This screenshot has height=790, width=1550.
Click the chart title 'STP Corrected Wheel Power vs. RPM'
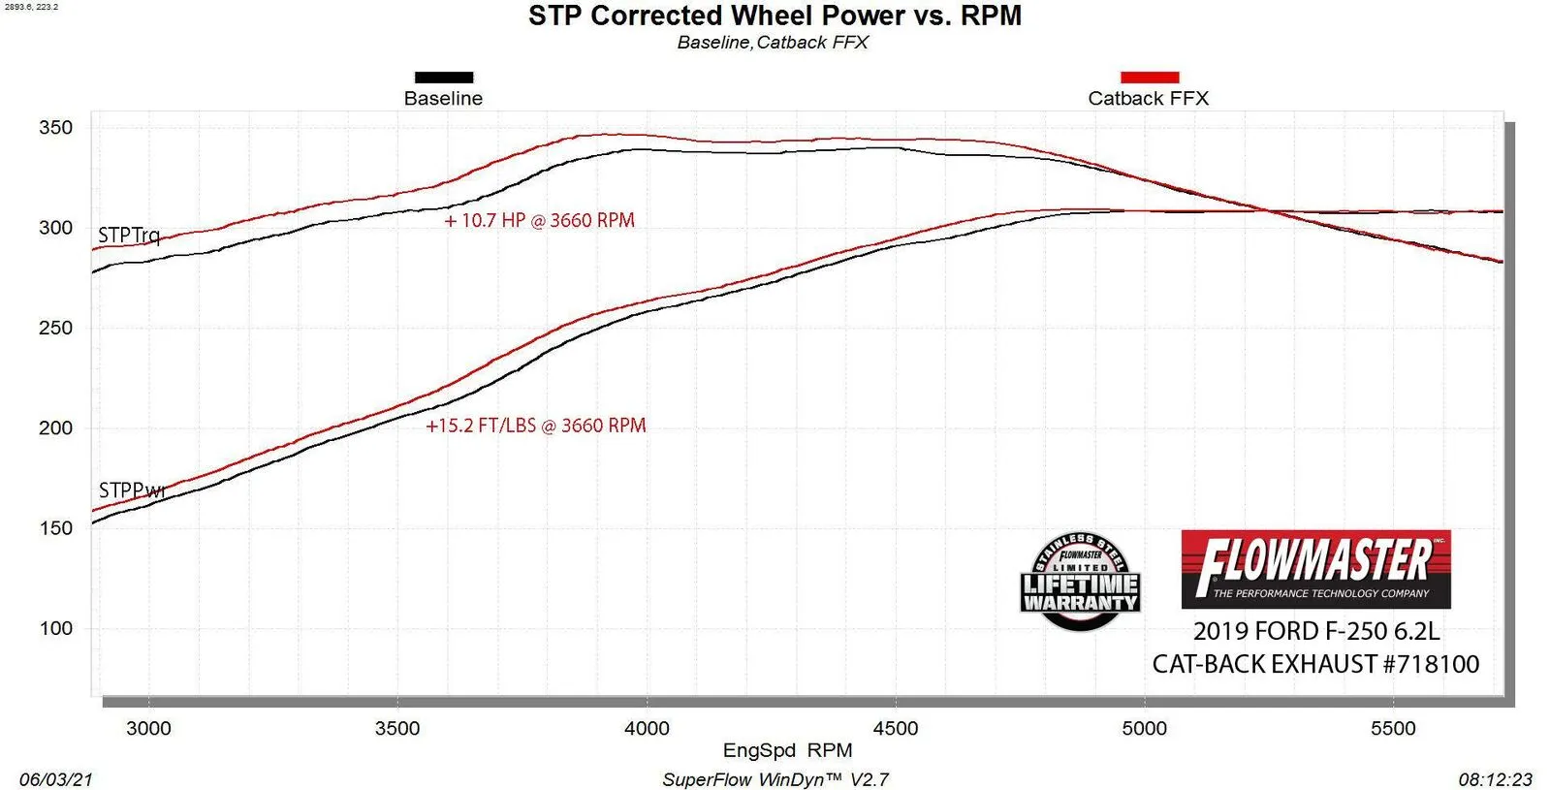[775, 16]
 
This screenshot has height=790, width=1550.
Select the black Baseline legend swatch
[444, 78]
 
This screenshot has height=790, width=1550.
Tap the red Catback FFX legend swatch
[1150, 78]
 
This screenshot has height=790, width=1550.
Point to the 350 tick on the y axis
[55, 128]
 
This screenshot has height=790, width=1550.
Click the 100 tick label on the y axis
[55, 628]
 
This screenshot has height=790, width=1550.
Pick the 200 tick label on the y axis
[55, 427]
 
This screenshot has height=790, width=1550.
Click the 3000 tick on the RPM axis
[148, 728]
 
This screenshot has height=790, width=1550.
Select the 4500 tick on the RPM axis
[895, 728]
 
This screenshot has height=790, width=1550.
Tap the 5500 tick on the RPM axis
[1393, 728]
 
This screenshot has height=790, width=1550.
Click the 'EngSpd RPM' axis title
[787, 750]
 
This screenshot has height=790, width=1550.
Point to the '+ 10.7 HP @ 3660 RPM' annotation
[539, 220]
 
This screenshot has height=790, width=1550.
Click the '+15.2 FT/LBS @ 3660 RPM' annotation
[535, 426]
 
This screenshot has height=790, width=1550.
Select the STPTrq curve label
[129, 236]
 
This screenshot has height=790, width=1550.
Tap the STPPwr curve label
[132, 490]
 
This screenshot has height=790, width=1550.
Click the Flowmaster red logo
[1315, 569]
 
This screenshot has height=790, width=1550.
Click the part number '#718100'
[1431, 664]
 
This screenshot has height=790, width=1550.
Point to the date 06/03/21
[56, 779]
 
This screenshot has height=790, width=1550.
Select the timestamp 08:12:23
[1495, 779]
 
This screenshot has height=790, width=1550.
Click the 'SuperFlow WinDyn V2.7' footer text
[775, 779]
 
